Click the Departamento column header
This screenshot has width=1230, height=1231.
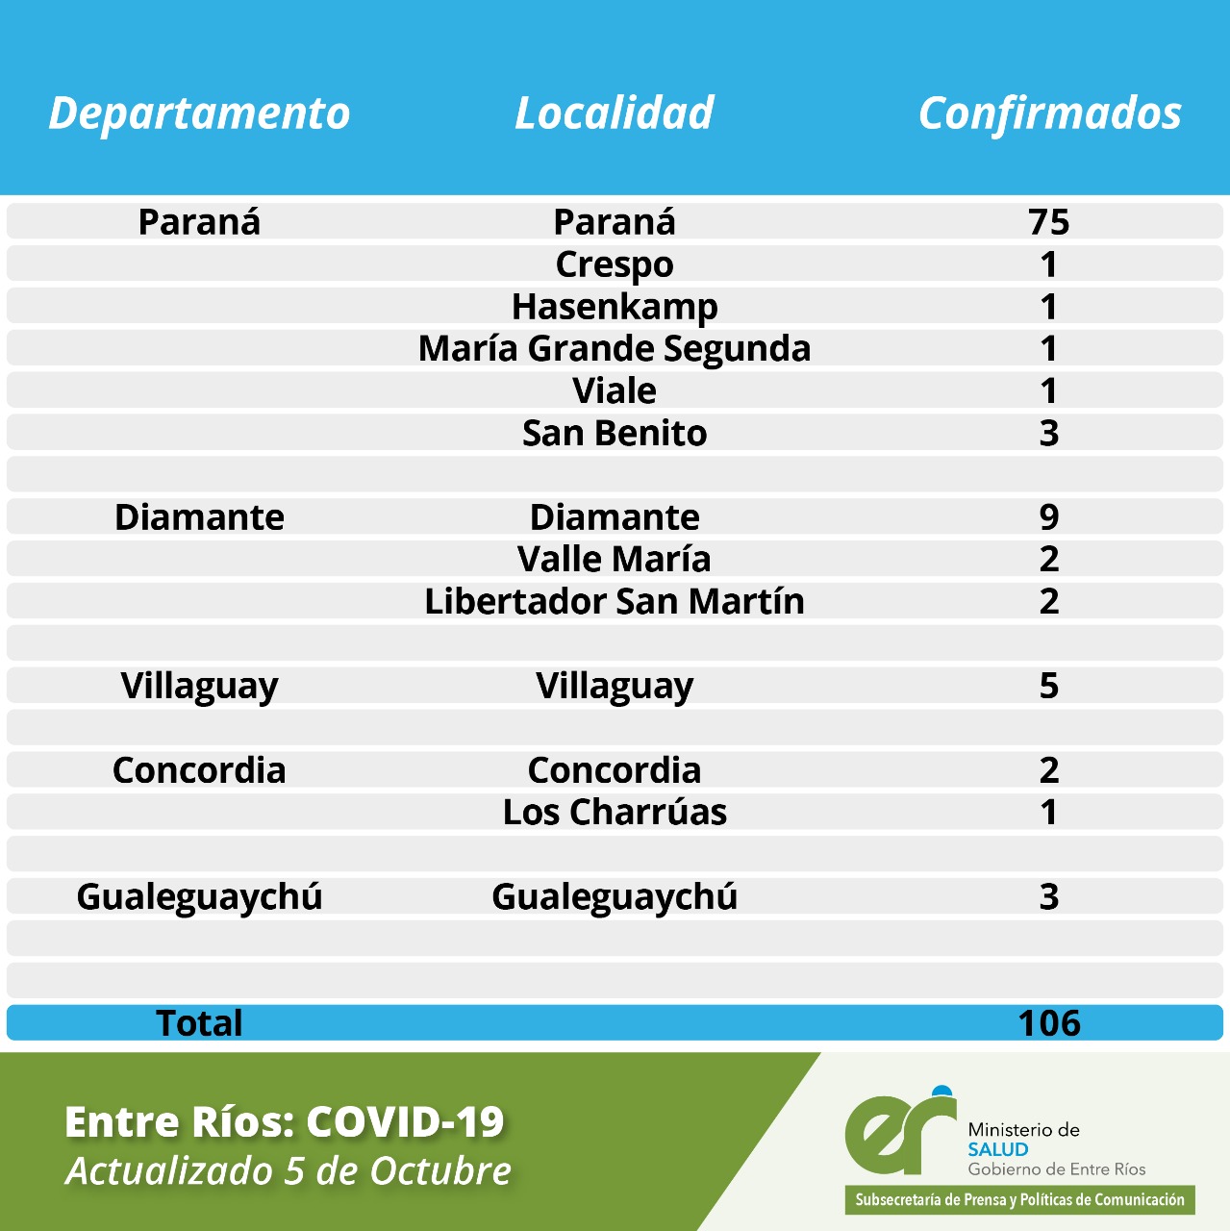(199, 113)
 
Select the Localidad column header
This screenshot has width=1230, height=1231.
(614, 113)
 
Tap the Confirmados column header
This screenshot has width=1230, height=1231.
(1049, 113)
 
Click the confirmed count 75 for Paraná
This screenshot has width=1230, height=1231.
(1048, 222)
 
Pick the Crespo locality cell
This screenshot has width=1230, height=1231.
(615, 264)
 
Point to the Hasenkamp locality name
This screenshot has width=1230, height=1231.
(615, 307)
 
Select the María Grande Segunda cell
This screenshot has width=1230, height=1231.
(615, 348)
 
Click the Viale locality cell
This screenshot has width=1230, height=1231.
(615, 390)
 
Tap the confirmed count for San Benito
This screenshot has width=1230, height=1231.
(1048, 433)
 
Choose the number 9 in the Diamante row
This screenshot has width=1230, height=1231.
(1048, 517)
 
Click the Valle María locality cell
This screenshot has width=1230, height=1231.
(615, 559)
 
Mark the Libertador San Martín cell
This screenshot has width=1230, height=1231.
(615, 601)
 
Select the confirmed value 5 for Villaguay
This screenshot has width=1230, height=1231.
(1048, 686)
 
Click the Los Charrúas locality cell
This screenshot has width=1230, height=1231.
(615, 812)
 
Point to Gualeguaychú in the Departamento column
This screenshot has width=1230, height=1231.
(199, 896)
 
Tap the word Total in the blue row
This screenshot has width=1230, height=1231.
(199, 1023)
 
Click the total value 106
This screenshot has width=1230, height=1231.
(1048, 1023)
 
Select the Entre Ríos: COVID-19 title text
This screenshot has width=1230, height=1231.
(285, 1121)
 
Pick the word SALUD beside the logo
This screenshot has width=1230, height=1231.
(997, 1149)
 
